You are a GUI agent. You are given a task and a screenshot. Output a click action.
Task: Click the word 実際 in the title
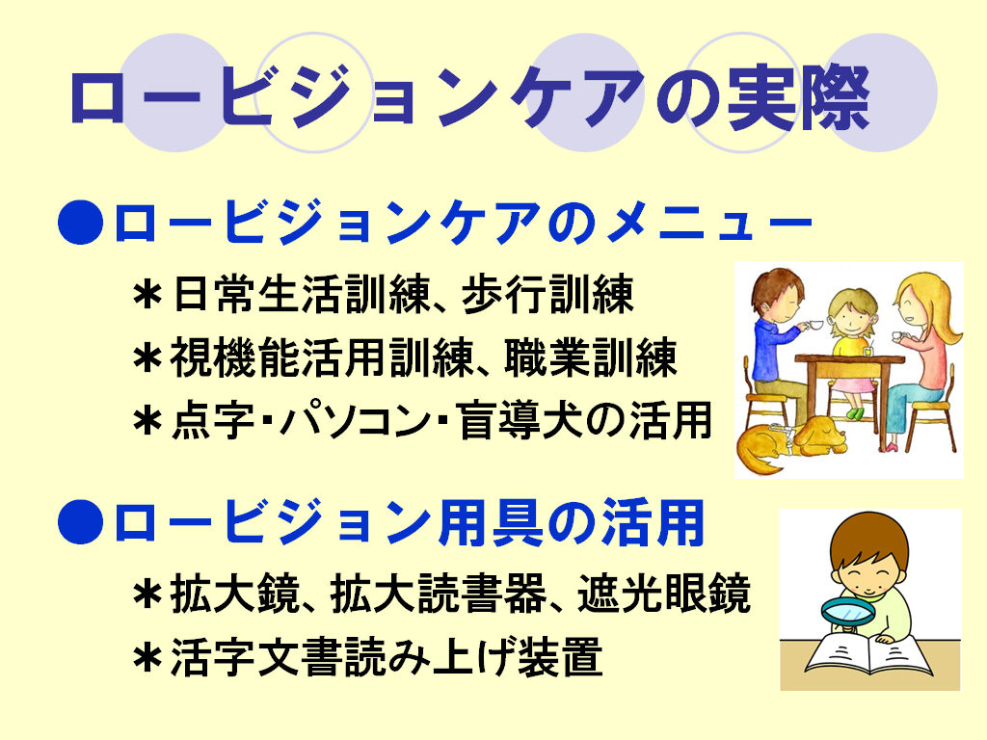(x=798, y=97)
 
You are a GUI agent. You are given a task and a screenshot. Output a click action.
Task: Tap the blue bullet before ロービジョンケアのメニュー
(x=81, y=223)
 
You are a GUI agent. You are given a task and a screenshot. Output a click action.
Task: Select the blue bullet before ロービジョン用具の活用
(x=81, y=521)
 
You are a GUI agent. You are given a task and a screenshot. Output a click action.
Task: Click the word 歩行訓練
(x=547, y=294)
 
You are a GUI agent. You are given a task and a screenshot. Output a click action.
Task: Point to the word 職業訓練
(x=591, y=357)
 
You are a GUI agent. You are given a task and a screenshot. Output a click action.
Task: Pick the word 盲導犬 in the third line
(x=520, y=420)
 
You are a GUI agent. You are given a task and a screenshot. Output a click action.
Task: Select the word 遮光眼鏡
(x=663, y=594)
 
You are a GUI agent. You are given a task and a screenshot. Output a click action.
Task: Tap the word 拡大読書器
(x=439, y=594)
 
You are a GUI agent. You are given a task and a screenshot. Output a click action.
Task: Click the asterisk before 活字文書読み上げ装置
(x=147, y=656)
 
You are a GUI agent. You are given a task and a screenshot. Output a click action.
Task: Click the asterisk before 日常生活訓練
(x=147, y=294)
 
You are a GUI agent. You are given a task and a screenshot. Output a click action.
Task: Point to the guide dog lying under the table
(x=793, y=441)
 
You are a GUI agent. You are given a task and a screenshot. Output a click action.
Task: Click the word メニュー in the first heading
(x=710, y=222)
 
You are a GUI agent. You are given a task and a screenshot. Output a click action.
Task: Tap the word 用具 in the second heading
(x=490, y=521)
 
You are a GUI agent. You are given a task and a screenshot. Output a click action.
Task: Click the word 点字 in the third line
(x=213, y=420)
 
